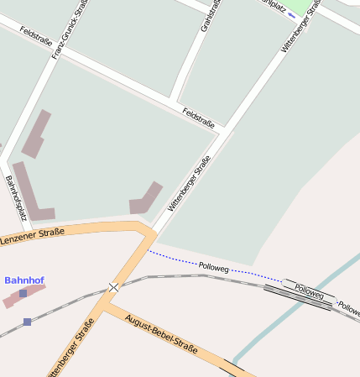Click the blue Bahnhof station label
click(24, 280)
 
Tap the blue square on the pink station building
click(23, 293)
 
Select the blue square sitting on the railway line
click(28, 322)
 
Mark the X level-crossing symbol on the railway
click(113, 287)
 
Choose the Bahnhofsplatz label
click(16, 198)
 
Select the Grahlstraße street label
click(211, 15)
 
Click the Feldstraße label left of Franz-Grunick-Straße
click(37, 36)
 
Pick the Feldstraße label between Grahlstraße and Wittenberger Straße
click(199, 118)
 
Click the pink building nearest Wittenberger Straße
click(145, 198)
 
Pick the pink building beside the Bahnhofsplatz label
click(31, 191)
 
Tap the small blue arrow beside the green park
click(290, 14)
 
